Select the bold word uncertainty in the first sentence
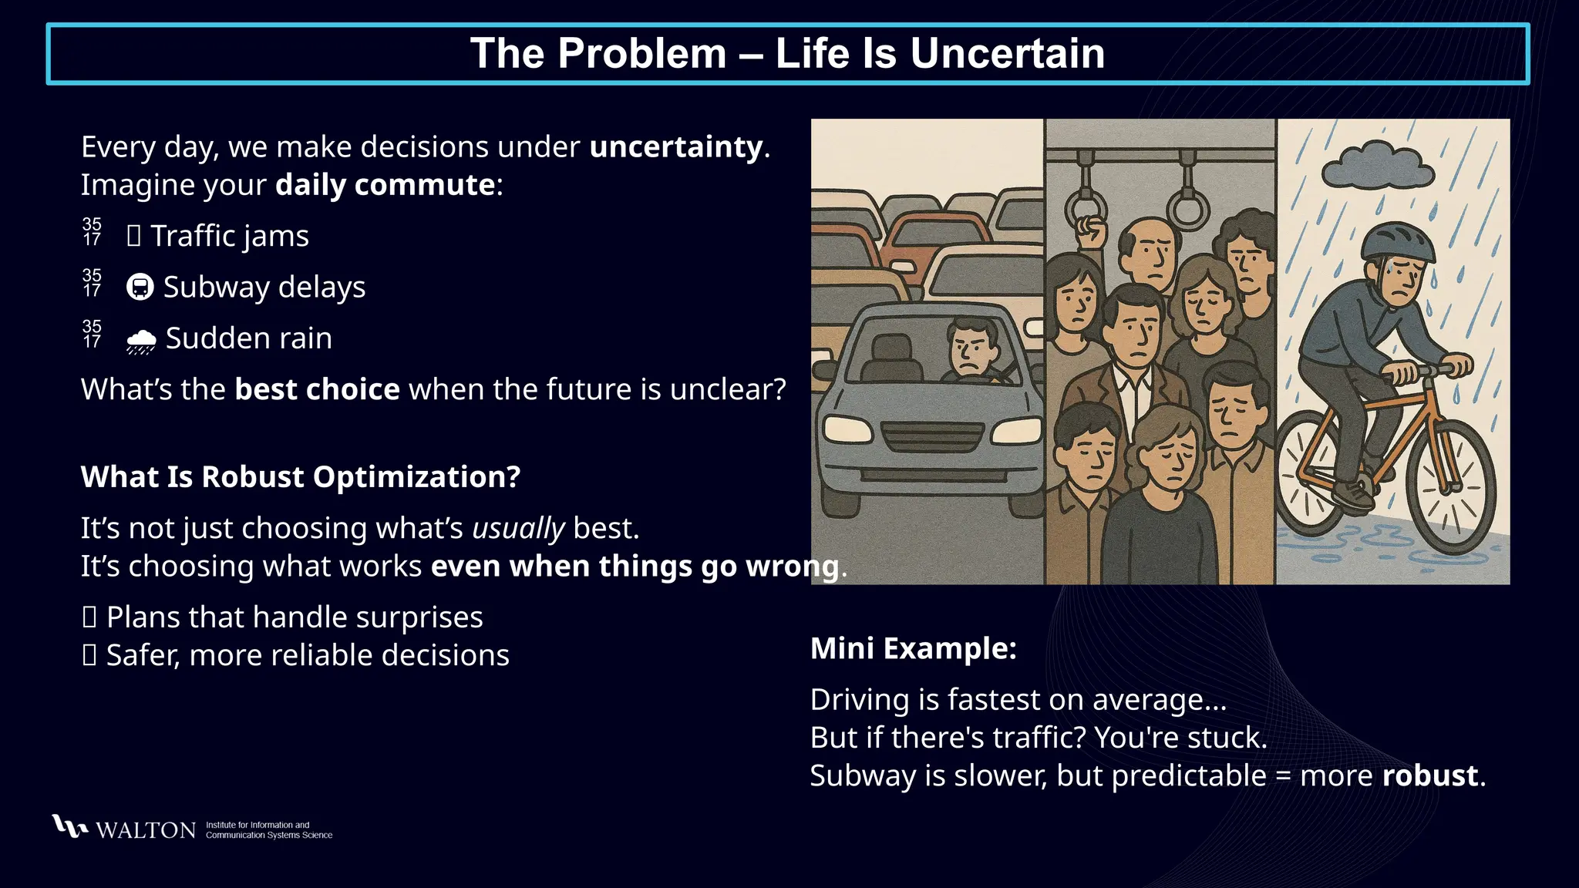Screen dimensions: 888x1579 click(675, 146)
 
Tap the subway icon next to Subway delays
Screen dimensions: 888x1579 click(140, 287)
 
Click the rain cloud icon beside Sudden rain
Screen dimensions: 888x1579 click(141, 340)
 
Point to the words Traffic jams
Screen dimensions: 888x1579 click(229, 236)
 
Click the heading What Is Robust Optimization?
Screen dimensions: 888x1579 click(301, 476)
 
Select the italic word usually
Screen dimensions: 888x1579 click(518, 529)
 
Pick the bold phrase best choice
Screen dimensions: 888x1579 click(317, 389)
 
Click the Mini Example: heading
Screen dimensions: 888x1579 click(913, 648)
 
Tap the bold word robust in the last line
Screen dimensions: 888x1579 click(1430, 775)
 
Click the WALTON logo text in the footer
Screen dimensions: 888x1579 click(145, 830)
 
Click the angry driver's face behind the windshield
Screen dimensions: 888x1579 click(973, 349)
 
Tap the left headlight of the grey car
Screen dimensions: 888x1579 click(847, 429)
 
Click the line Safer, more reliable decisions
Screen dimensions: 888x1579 click(307, 655)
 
